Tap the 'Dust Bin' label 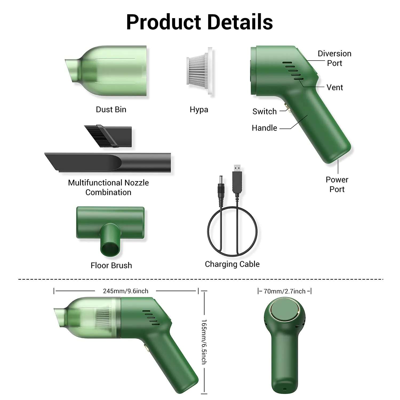[111, 110]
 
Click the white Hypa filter [199, 71]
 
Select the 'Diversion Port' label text [334, 58]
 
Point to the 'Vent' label [335, 87]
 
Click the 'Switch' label [265, 111]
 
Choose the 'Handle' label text [264, 128]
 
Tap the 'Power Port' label [337, 184]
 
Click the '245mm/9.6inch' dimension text [126, 291]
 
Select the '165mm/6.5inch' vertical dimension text [204, 342]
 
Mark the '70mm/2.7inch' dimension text [285, 291]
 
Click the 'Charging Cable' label [232, 264]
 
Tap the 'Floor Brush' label [111, 265]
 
